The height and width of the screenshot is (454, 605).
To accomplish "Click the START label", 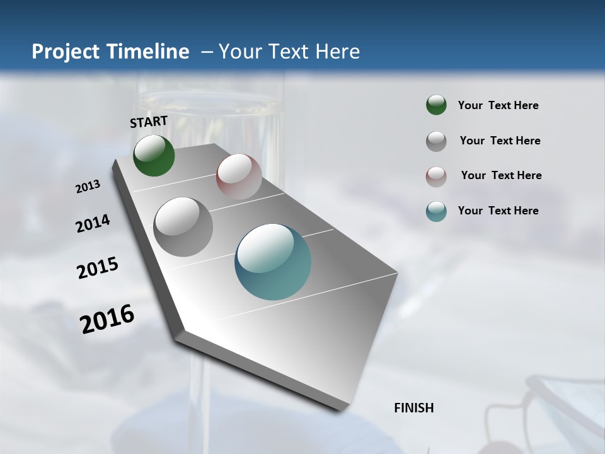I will click(149, 122).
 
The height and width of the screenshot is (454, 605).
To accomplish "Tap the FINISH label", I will click(414, 408).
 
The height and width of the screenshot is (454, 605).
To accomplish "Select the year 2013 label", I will click(88, 187).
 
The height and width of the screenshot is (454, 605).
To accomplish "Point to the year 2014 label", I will click(93, 223).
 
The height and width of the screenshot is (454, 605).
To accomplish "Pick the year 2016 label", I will click(107, 318).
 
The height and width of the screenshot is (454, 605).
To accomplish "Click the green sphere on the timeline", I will click(154, 155).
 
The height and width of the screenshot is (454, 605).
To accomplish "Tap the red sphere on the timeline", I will click(239, 177).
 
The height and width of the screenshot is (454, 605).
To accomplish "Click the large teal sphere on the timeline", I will click(273, 262).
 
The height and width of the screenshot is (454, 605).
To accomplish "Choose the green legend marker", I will click(436, 105).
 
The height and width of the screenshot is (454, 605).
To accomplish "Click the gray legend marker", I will click(436, 141).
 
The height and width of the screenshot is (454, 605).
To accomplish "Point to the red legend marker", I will click(436, 177).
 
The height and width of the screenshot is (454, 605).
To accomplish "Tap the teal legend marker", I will click(436, 211).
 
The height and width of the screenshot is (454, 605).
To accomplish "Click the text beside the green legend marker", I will click(498, 105).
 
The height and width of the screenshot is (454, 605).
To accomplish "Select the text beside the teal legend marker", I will click(498, 211).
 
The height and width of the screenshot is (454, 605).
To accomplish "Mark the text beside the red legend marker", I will click(501, 175).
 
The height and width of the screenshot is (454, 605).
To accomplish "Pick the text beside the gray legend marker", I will click(500, 141).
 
